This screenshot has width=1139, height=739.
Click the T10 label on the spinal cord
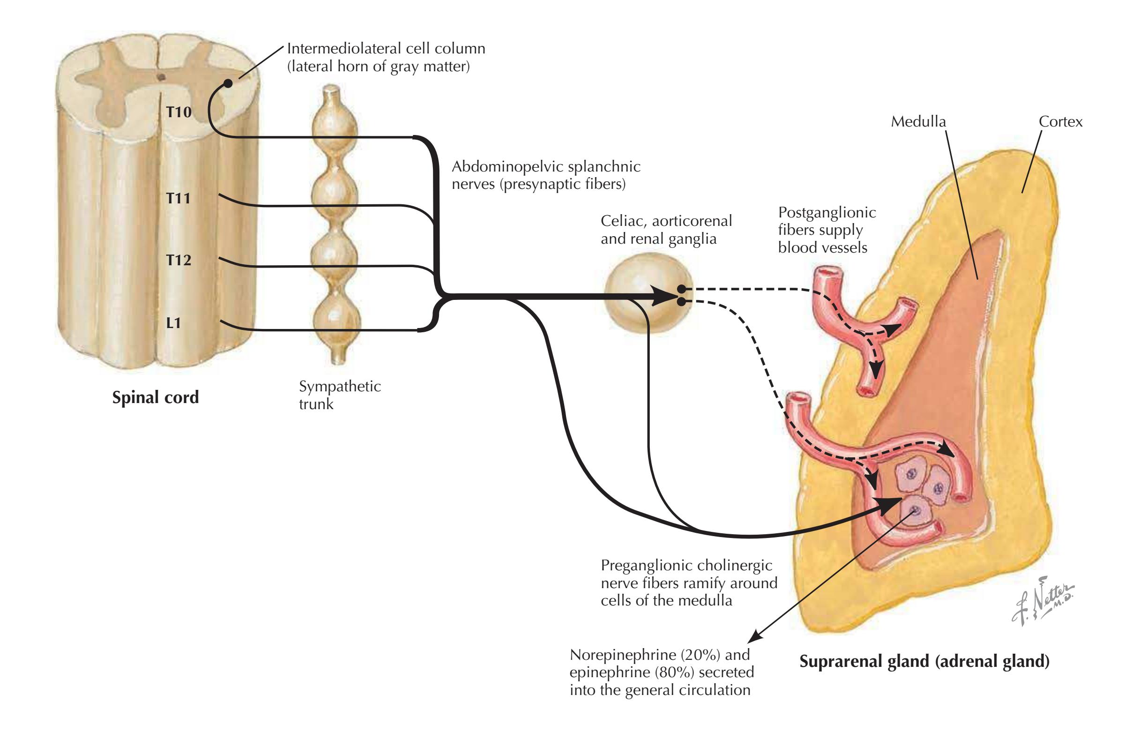pyautogui.click(x=179, y=112)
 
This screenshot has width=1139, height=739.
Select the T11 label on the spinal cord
pyautogui.click(x=179, y=198)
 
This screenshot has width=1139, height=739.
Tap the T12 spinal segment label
pyautogui.click(x=179, y=260)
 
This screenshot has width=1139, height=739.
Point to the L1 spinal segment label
pyautogui.click(x=173, y=323)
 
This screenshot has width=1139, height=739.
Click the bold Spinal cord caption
pyautogui.click(x=155, y=397)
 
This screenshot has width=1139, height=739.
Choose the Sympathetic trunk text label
pyautogui.click(x=339, y=395)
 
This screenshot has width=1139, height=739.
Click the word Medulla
pyautogui.click(x=918, y=121)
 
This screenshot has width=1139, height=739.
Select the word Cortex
pyautogui.click(x=1060, y=121)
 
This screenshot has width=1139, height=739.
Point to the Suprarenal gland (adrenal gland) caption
pyautogui.click(x=924, y=662)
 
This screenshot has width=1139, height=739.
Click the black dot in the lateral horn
pyautogui.click(x=228, y=83)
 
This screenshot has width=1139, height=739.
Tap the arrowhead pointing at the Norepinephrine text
pyautogui.click(x=754, y=636)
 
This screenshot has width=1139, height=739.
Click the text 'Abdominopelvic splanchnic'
pyautogui.click(x=545, y=166)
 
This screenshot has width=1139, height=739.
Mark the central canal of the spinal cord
pyautogui.click(x=162, y=76)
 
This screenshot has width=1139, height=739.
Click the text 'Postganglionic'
pyautogui.click(x=826, y=212)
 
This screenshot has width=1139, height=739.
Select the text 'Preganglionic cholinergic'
pyautogui.click(x=686, y=565)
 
